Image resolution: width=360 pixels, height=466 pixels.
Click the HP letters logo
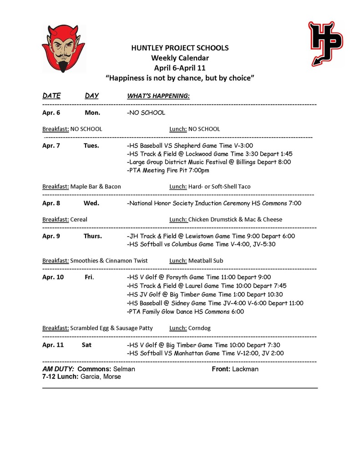(x=325, y=43)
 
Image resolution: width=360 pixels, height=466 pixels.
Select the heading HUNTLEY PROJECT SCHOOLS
(x=180, y=48)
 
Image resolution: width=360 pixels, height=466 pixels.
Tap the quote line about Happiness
(x=180, y=78)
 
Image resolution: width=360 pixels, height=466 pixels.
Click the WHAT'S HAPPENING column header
(x=158, y=96)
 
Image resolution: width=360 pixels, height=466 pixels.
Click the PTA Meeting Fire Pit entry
(x=169, y=170)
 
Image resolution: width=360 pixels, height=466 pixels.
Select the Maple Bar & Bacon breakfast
(x=96, y=187)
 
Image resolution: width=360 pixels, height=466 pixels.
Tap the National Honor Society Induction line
(x=214, y=203)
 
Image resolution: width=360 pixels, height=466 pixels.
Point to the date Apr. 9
(x=51, y=236)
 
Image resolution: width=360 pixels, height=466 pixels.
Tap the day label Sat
(x=86, y=344)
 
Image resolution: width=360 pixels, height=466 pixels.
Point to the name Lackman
(x=245, y=369)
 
